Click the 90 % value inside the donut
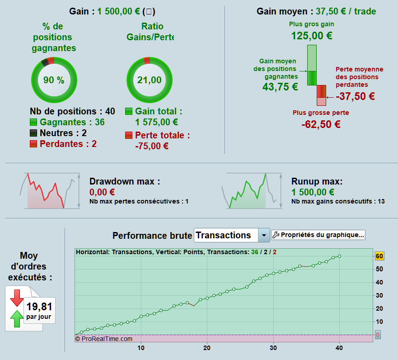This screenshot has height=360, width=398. (x=54, y=80)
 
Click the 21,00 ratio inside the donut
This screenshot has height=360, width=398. (x=150, y=80)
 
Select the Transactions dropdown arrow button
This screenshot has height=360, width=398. (x=263, y=235)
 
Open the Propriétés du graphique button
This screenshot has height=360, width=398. (x=318, y=235)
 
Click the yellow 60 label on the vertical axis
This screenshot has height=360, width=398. (x=379, y=256)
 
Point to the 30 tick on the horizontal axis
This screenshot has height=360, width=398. (x=273, y=348)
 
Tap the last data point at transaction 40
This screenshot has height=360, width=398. (x=339, y=256)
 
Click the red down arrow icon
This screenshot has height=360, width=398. (x=17, y=298)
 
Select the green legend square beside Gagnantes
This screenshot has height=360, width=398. (x=33, y=122)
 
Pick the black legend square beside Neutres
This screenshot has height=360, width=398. (x=33, y=133)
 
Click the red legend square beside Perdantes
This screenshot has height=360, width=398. (x=33, y=144)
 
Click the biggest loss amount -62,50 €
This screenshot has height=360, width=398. (x=321, y=124)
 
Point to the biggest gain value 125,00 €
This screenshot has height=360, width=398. (x=312, y=36)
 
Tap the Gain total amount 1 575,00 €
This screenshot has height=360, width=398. (x=156, y=122)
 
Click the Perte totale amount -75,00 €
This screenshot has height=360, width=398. (x=152, y=146)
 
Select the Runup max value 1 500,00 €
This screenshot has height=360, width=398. (x=313, y=192)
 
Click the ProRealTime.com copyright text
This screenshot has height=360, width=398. (x=104, y=338)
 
